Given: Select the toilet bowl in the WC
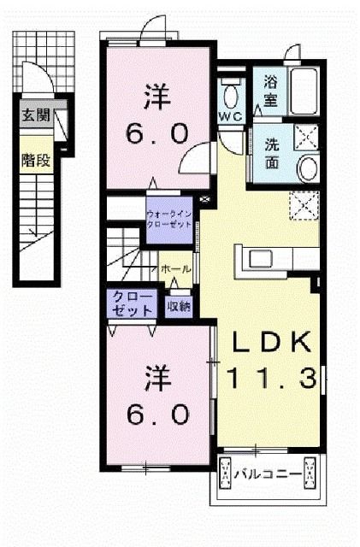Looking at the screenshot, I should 229,95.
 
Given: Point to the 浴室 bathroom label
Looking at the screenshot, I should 270,90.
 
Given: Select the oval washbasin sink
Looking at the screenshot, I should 306,168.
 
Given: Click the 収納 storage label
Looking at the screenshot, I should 178,303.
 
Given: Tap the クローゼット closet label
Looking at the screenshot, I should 131,304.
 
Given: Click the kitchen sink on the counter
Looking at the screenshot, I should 259,257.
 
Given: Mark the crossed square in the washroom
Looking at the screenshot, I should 305,134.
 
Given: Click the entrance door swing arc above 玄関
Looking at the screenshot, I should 35,82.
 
